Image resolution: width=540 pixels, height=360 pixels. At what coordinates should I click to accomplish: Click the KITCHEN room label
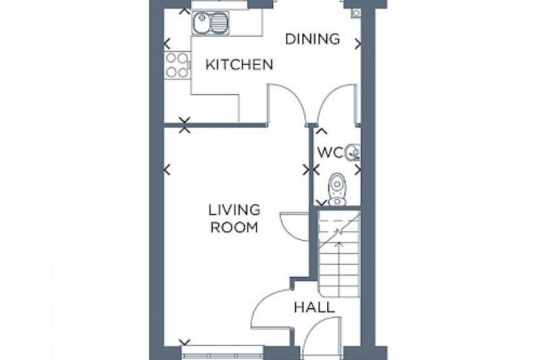[239, 65]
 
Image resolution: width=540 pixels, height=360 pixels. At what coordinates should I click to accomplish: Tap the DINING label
[313, 39]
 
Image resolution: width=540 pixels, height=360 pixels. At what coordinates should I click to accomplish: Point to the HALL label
[314, 307]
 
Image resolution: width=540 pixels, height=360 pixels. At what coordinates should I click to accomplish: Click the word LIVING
[234, 210]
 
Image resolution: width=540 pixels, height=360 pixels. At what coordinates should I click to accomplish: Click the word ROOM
[234, 227]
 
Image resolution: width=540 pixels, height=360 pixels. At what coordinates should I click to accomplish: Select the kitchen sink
[210, 23]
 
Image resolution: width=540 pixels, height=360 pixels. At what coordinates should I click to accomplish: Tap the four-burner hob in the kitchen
[177, 65]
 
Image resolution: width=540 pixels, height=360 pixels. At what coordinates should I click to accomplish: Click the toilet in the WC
[337, 189]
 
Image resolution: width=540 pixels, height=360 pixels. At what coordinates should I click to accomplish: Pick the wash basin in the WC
[353, 152]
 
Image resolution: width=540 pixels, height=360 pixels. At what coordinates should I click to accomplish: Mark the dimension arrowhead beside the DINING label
[358, 44]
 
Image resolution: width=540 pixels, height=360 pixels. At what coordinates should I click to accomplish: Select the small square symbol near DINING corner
[356, 13]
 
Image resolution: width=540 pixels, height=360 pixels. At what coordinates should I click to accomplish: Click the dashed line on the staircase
[340, 220]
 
